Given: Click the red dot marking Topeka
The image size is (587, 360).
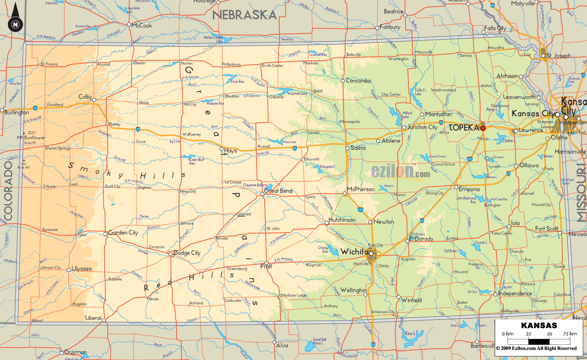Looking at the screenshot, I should click(483, 128).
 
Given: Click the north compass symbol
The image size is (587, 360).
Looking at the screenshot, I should click(16, 24).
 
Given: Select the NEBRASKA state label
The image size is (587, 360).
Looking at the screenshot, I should click(244, 15).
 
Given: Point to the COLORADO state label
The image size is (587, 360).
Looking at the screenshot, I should click(8, 190).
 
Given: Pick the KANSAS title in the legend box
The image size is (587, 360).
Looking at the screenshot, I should click(539, 325).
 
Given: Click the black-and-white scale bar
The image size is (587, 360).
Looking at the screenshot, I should click(539, 341).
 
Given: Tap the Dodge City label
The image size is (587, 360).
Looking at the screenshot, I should click(187, 253).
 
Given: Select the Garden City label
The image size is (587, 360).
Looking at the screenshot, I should click(123, 232).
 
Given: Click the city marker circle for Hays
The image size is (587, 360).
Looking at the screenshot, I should click(221, 149).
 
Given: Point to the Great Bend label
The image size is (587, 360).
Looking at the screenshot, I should click(278, 191).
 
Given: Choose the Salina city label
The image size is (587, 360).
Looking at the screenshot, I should click(358, 148).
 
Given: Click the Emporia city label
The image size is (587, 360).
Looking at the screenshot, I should click(469, 189).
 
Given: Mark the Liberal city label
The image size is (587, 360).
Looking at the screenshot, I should click(93, 317).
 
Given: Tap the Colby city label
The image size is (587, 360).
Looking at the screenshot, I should click(85, 97).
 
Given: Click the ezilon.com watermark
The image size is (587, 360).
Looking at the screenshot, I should click(400, 171).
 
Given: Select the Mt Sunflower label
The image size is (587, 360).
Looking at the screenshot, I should click(31, 138).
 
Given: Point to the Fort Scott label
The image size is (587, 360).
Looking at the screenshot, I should click(546, 229).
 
